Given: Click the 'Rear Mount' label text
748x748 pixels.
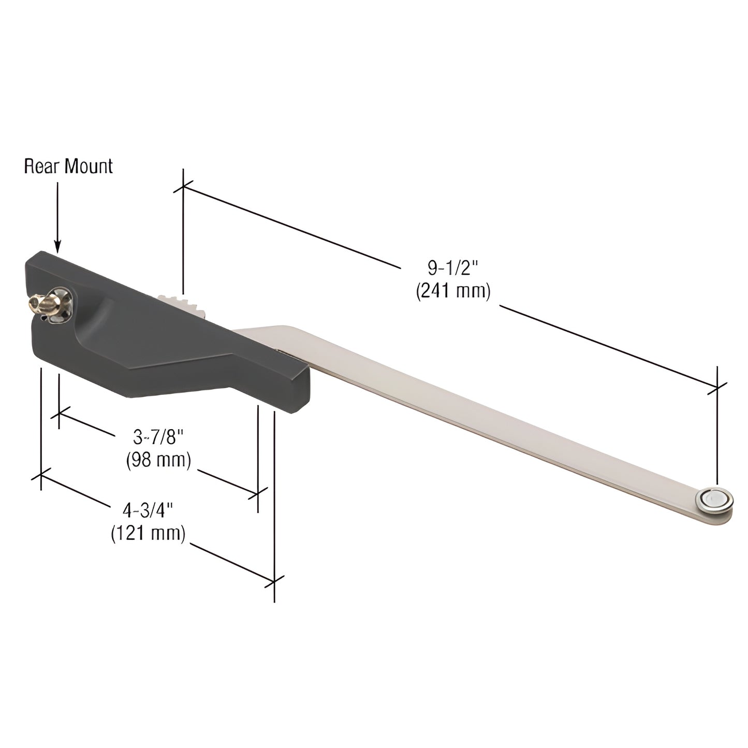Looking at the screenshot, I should click(68, 166).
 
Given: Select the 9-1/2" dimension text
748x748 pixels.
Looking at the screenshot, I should click(452, 268).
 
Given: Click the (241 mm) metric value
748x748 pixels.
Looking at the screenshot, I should click(452, 291).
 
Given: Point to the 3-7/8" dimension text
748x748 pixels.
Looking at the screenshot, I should click(158, 437).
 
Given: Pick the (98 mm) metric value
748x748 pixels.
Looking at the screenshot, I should click(158, 460).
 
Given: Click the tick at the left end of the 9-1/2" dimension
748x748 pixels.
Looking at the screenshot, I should click(183, 187).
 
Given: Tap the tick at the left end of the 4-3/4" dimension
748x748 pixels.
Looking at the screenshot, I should click(41, 475).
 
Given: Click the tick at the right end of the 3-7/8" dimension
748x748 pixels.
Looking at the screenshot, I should click(258, 493).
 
